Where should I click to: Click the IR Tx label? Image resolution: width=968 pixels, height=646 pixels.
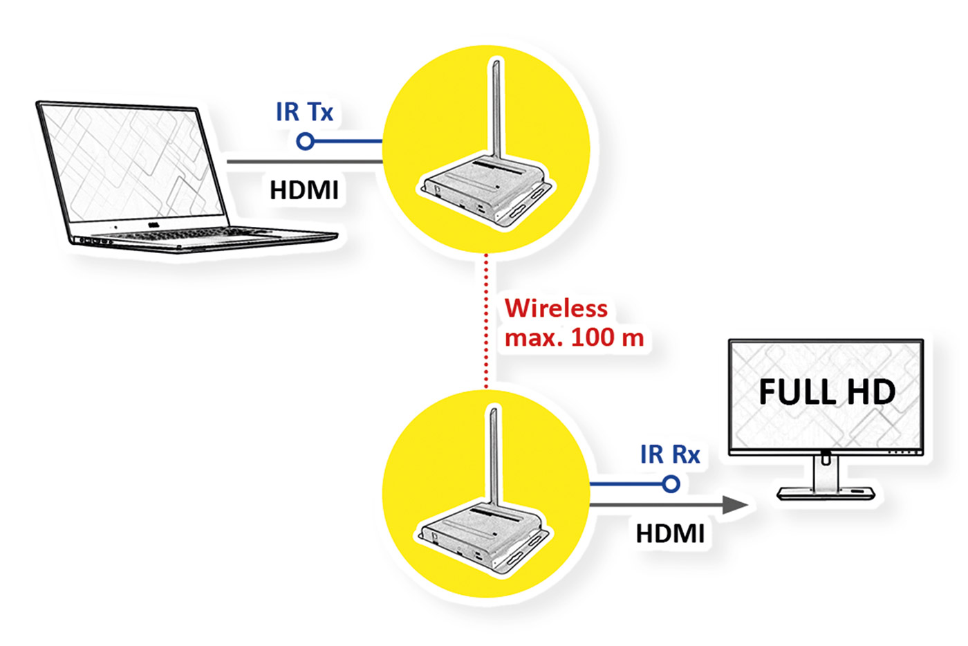[304, 112]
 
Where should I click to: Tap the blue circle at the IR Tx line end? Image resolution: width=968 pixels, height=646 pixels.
[305, 142]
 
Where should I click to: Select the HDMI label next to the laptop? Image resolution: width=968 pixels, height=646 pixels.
[304, 190]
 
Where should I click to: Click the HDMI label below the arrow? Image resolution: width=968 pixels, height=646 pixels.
[670, 534]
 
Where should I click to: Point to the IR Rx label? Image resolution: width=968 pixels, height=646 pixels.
[670, 454]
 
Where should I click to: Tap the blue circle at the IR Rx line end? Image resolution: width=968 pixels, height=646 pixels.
[671, 484]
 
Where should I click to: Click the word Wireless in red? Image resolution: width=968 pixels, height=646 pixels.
[556, 308]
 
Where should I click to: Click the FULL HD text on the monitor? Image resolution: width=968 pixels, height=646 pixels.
[827, 392]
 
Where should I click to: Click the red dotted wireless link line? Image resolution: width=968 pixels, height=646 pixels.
[487, 318]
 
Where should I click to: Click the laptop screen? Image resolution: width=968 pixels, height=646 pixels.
[131, 163]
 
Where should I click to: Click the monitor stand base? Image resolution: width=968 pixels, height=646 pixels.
[826, 493]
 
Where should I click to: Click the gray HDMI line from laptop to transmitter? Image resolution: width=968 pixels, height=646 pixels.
[304, 162]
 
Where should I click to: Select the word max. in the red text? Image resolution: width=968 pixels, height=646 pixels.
[534, 338]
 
